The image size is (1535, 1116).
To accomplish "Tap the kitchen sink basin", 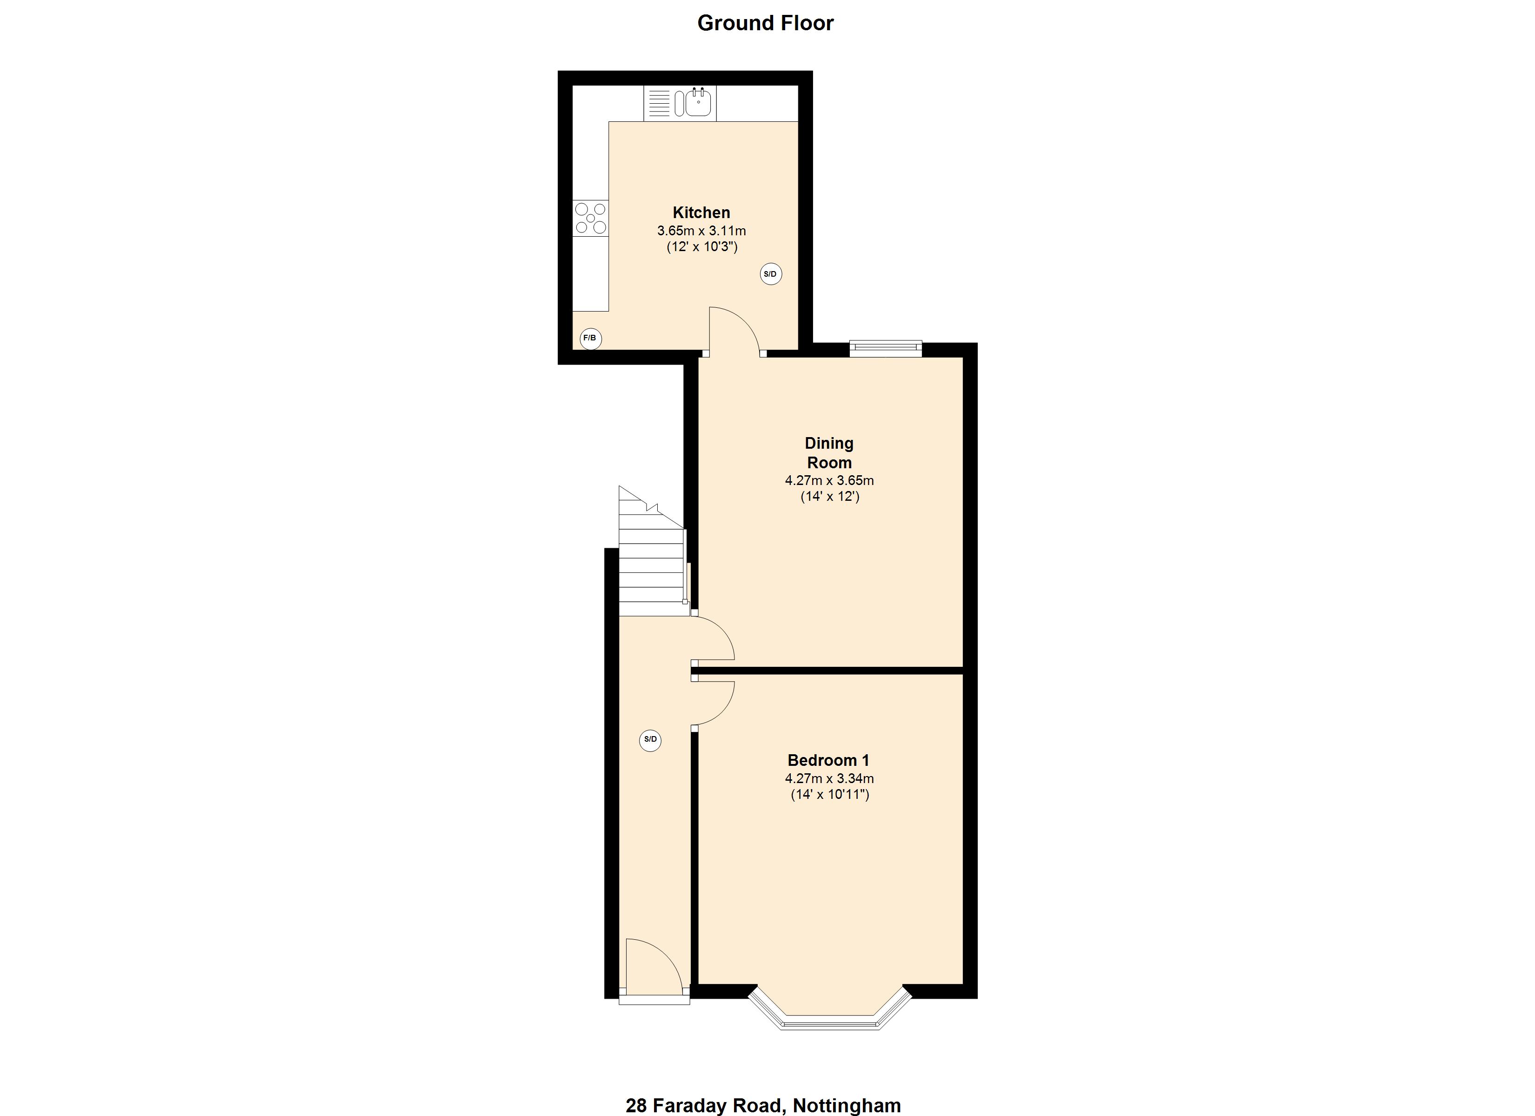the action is point(698,103).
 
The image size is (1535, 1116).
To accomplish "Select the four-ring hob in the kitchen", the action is point(591,218).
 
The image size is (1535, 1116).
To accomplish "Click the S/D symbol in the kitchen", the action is point(770,274).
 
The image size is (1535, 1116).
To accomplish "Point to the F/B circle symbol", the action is point(590,338).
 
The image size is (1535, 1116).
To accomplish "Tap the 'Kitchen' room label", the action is point(701,212).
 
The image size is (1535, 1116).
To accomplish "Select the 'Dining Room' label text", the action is point(829,453).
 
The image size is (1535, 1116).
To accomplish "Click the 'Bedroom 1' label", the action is point(828,760).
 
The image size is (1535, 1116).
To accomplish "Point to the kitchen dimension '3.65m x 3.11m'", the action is point(701,231).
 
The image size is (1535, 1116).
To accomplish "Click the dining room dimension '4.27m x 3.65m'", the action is point(829,480).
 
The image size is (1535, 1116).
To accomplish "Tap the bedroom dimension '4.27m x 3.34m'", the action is point(829,778).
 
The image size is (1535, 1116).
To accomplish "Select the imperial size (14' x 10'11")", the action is point(830,795).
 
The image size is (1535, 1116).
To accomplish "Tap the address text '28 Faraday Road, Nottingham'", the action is point(763,1105).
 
